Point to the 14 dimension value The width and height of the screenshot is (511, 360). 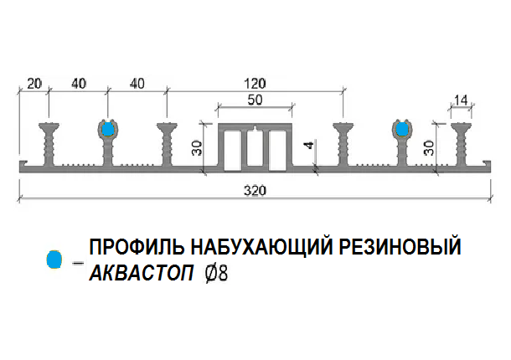(460, 100)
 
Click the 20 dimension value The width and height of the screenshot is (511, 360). (34, 83)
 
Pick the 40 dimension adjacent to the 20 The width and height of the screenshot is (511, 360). (78, 83)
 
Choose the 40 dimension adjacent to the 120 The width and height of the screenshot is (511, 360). (137, 83)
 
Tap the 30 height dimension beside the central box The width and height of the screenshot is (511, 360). (197, 148)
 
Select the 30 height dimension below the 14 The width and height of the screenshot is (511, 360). (428, 148)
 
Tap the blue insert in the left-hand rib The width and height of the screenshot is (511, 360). (108, 129)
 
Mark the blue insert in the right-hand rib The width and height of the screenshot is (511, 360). (403, 129)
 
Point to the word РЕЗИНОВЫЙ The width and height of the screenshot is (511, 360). (401, 248)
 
